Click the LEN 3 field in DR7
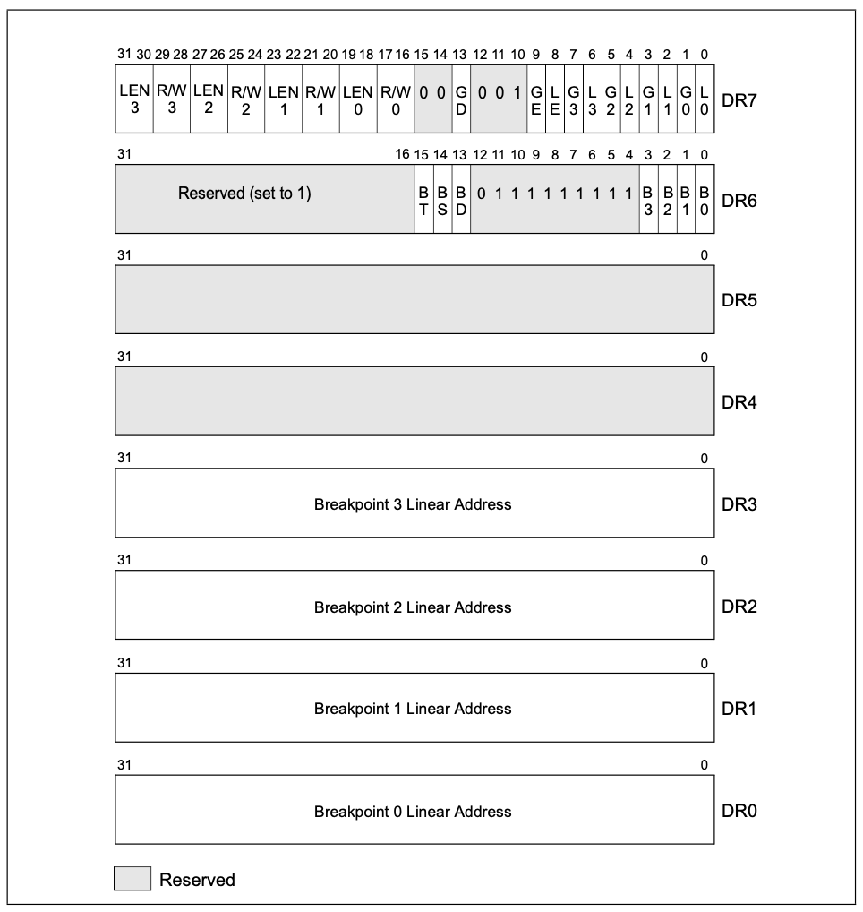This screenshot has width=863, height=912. tap(133, 99)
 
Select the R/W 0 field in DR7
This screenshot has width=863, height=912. tap(395, 99)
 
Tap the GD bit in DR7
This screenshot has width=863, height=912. tap(461, 99)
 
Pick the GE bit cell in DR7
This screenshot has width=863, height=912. tap(536, 99)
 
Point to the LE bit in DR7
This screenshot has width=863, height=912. tap(555, 99)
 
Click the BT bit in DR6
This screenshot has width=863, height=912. tap(423, 199)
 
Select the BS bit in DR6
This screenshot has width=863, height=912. tap(442, 199)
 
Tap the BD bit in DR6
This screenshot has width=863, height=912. tap(461, 199)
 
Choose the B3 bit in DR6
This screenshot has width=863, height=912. tap(648, 199)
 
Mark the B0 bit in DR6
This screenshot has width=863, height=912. tap(705, 199)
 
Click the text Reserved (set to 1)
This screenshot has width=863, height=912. tap(244, 193)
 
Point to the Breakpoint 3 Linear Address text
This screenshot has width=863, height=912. tap(413, 504)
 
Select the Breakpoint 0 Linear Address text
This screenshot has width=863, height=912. tap(413, 812)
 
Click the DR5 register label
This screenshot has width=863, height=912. tap(739, 299)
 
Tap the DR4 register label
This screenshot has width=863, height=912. tap(739, 402)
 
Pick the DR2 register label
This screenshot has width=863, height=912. tap(739, 607)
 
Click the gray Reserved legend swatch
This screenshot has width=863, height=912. tap(132, 879)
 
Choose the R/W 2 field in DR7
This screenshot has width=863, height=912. tap(245, 99)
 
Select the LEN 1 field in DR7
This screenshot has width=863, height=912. tap(283, 99)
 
